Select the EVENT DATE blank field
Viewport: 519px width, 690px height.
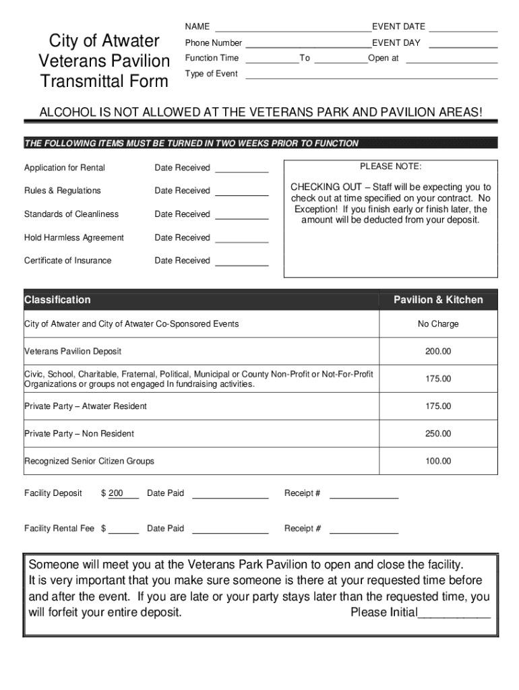pyautogui.click(x=463, y=28)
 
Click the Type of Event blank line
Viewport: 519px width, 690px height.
pyautogui.click(x=371, y=75)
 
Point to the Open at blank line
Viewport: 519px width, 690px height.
pyautogui.click(x=452, y=60)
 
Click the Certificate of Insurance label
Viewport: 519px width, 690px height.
pyautogui.click(x=68, y=261)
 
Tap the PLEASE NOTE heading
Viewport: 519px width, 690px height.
pyautogui.click(x=390, y=166)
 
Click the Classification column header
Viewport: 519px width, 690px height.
pyautogui.click(x=57, y=300)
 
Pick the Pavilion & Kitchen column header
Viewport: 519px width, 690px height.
pyautogui.click(x=438, y=300)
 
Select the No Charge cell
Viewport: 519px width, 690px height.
pyautogui.click(x=438, y=324)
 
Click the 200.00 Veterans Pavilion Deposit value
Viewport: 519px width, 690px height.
pyautogui.click(x=438, y=352)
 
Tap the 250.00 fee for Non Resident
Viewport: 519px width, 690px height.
pyautogui.click(x=438, y=434)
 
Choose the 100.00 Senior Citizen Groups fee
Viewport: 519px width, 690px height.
pyautogui.click(x=438, y=462)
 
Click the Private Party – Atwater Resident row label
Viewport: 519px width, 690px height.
pyautogui.click(x=86, y=406)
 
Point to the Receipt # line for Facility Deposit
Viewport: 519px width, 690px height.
pyautogui.click(x=363, y=496)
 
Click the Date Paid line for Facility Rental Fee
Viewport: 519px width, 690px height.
pyautogui.click(x=230, y=531)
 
